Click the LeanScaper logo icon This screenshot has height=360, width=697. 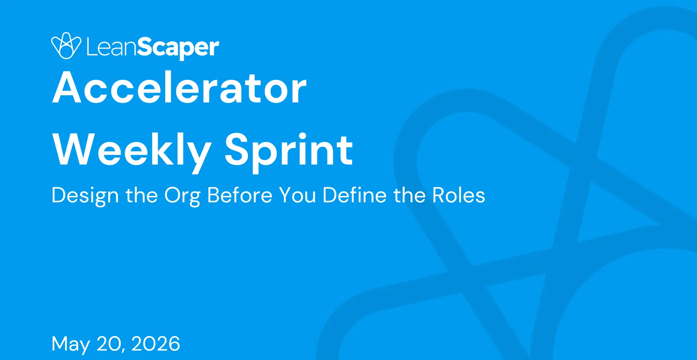66,46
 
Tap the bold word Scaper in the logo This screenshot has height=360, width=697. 178,48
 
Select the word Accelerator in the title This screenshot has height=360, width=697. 180,88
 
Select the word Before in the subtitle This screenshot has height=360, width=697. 240,195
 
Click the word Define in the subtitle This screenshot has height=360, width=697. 355,195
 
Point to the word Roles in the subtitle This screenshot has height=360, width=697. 459,195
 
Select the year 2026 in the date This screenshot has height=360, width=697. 156,344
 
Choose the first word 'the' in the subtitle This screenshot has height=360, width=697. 142,195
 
